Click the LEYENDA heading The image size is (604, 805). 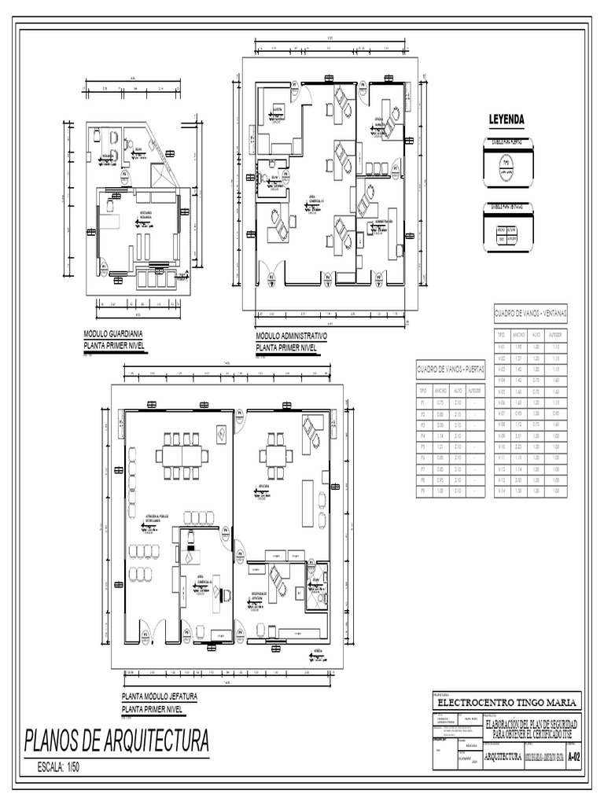coord(507,119)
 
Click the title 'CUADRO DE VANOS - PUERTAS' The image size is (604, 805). coord(450,368)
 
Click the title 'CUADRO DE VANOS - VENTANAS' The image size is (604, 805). coord(531,313)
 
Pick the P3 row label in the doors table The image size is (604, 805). coord(422,424)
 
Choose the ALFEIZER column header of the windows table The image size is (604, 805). coord(555,334)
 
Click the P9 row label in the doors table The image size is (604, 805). coord(422,490)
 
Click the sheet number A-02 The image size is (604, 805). coord(573,756)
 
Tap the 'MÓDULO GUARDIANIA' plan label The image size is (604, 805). coord(118,334)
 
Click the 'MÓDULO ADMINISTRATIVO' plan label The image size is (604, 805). coord(292,336)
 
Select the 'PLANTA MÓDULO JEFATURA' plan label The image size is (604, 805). coord(159,697)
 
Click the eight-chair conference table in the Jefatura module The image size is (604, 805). coord(182,454)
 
